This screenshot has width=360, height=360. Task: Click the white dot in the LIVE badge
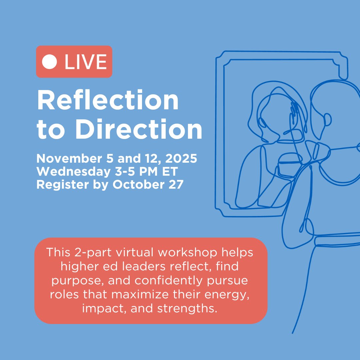50,62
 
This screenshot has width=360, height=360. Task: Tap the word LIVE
86,62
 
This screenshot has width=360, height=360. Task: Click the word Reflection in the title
108,101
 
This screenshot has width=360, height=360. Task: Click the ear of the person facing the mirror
328,119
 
